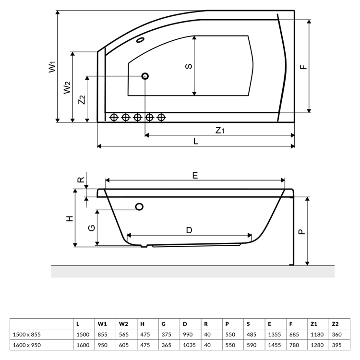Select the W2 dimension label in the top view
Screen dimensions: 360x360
coord(67,87)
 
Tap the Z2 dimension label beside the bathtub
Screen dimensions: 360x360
coord(82,99)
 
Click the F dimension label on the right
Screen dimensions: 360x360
coord(303,67)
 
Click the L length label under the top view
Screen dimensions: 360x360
coord(196,141)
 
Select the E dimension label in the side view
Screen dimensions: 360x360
coord(195,176)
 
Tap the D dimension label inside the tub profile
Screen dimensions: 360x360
coord(189,230)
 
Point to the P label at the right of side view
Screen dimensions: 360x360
coord(301,231)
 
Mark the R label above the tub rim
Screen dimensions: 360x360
coord(81,181)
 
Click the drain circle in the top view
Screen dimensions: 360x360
coord(145,76)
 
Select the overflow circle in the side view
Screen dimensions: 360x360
coord(140,207)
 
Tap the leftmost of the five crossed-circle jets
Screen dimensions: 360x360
coord(114,117)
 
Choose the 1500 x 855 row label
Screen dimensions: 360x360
coord(27,334)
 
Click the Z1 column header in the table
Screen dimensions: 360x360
coord(314,324)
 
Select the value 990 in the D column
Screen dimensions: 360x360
coord(188,334)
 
